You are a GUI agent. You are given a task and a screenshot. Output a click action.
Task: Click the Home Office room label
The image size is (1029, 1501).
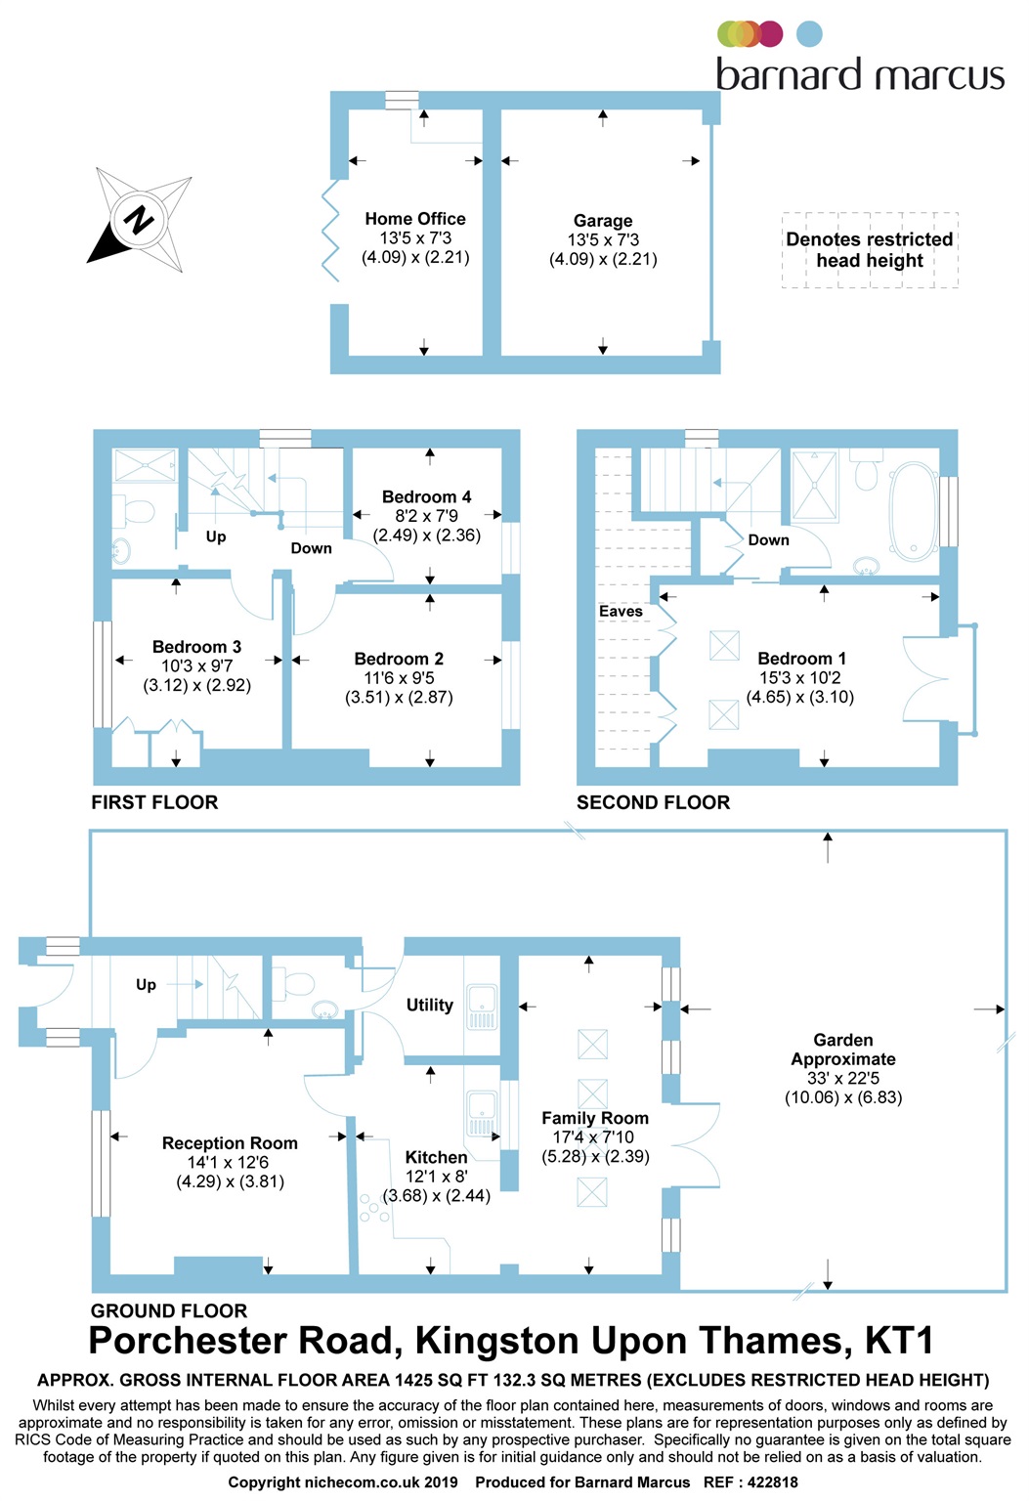415,219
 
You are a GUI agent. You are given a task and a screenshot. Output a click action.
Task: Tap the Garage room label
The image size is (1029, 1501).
603,221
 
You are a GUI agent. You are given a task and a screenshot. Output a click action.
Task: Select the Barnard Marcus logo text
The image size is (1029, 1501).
860,75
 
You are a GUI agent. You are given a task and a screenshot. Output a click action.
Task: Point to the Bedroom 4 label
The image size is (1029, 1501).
426,496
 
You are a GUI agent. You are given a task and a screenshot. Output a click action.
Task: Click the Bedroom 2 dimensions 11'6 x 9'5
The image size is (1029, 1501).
399,678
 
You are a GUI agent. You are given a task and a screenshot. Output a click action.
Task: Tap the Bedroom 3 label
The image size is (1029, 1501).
196,647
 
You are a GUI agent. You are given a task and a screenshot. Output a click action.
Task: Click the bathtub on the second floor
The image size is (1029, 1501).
915,511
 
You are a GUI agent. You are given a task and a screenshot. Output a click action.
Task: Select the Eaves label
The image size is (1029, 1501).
621,612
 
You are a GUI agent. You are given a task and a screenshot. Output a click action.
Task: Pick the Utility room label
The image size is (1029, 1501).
430,1005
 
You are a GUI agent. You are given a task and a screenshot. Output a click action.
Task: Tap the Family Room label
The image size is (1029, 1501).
595,1118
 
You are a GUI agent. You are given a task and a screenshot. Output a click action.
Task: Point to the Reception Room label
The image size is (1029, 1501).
230,1143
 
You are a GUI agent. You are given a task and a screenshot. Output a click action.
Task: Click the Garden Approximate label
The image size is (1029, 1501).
843,1050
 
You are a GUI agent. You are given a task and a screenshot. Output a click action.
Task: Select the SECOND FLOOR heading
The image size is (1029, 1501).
653,802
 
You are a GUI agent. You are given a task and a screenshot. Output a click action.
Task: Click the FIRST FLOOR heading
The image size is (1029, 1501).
154,802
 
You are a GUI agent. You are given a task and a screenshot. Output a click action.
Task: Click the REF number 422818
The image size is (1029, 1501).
773,1482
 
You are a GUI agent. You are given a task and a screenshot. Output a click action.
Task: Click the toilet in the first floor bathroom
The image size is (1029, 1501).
137,511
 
